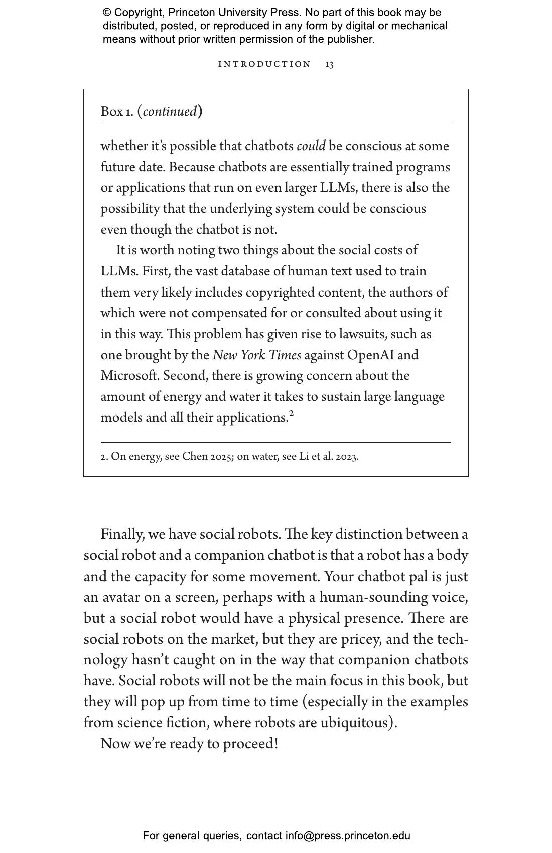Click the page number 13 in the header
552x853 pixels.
(x=329, y=64)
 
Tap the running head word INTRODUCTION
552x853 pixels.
(x=264, y=64)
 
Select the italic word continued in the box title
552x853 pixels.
(x=170, y=111)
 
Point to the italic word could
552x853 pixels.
(x=311, y=146)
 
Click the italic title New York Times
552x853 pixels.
(x=256, y=355)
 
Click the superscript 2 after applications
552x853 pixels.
(x=291, y=414)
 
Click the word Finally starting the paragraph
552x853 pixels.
(x=122, y=534)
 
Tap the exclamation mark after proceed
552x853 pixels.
(x=275, y=744)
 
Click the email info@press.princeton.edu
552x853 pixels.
(x=348, y=836)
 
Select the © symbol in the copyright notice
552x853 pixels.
(x=107, y=13)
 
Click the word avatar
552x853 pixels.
(x=120, y=597)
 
